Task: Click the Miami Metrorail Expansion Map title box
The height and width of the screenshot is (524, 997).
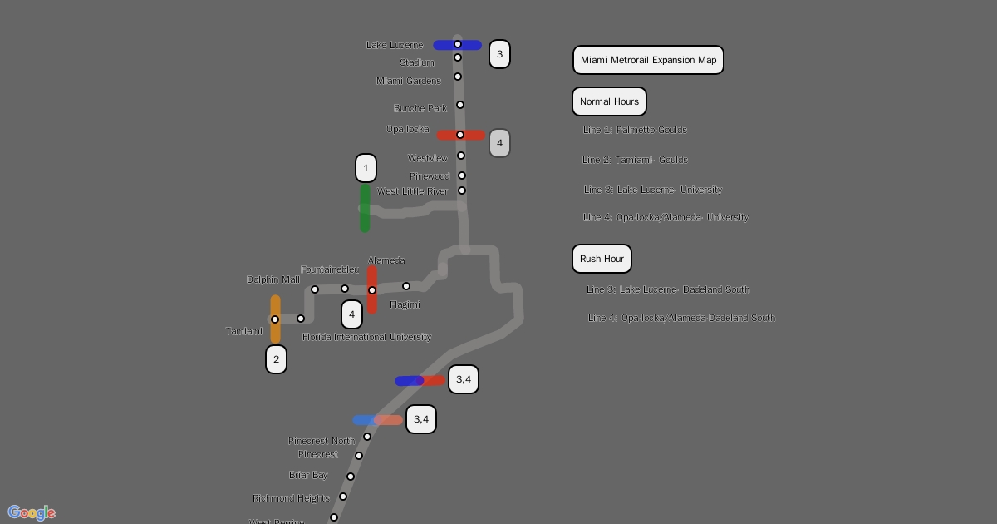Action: (x=648, y=60)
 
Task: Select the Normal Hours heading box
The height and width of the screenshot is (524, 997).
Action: (x=609, y=101)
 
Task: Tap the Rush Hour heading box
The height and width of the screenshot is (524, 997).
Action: (x=602, y=259)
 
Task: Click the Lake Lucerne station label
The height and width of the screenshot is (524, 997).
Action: (x=395, y=45)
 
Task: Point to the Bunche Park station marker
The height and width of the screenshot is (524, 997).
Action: (x=460, y=105)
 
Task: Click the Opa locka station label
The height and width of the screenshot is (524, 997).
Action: (x=408, y=129)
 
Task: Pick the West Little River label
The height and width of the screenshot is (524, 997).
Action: (x=412, y=191)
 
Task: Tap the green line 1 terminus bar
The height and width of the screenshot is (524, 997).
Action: (x=365, y=208)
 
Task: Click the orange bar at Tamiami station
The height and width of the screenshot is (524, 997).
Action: (x=275, y=319)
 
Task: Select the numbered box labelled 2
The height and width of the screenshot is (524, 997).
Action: (x=276, y=359)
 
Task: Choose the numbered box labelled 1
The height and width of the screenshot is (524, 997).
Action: (x=366, y=168)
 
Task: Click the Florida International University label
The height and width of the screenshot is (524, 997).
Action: (x=366, y=337)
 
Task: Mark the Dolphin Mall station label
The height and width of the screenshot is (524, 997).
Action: (x=273, y=279)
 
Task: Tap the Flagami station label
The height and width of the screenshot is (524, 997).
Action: (x=405, y=304)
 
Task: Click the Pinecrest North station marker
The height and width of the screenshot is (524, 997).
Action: (x=367, y=437)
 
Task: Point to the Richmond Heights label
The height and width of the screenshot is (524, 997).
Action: (x=291, y=498)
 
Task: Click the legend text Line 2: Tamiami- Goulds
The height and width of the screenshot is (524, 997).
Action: (x=635, y=160)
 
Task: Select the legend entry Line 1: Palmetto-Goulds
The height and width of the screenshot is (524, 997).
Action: (x=635, y=130)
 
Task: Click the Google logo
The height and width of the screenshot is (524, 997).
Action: (x=32, y=512)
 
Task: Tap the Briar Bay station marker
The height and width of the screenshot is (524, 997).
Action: (x=351, y=477)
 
